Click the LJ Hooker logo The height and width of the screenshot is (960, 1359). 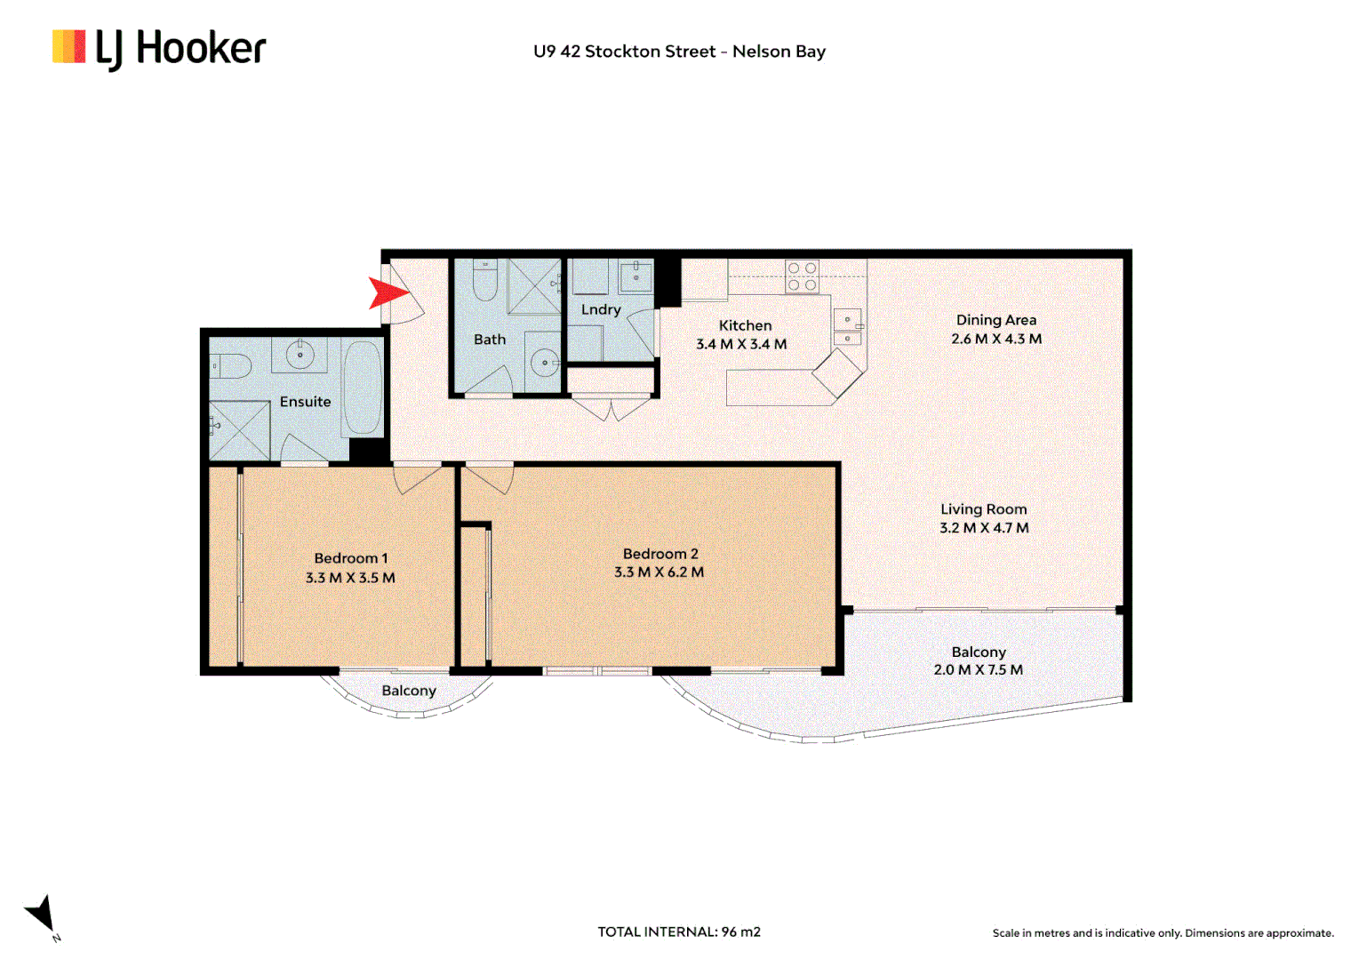click(x=159, y=49)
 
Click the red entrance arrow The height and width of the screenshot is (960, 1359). click(x=387, y=292)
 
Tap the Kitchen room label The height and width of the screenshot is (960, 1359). click(x=745, y=325)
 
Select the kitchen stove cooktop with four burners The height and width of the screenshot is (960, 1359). click(x=801, y=276)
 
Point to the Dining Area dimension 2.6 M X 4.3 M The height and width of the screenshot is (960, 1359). click(x=995, y=339)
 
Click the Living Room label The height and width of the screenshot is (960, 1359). click(x=983, y=508)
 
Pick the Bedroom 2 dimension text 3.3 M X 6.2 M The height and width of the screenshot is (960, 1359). click(x=659, y=572)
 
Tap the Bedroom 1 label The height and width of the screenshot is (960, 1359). click(x=350, y=558)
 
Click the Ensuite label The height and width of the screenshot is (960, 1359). click(x=305, y=402)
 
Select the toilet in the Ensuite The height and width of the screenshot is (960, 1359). click(x=229, y=365)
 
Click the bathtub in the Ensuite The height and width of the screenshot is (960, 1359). click(x=363, y=388)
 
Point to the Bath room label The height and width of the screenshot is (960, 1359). click(x=489, y=340)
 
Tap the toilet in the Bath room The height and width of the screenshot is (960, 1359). click(x=484, y=281)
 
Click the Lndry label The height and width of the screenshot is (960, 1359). click(x=601, y=309)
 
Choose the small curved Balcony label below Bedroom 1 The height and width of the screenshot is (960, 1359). click(x=409, y=691)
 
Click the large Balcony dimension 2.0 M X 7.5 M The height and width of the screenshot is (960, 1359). click(x=978, y=670)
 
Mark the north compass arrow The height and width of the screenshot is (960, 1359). click(x=42, y=914)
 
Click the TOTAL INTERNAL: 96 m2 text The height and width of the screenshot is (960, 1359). click(x=679, y=932)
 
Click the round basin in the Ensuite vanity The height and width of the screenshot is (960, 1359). click(x=300, y=356)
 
